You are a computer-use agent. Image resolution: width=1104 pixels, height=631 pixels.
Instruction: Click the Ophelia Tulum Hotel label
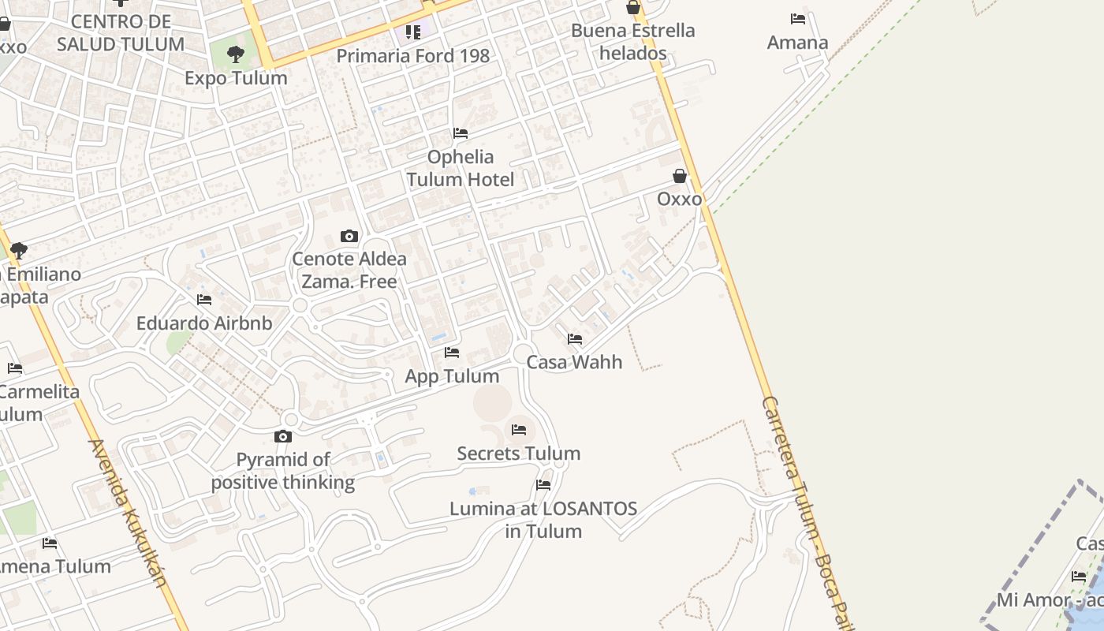coord(461,168)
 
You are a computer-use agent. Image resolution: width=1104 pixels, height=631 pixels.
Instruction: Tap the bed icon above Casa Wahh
coord(575,339)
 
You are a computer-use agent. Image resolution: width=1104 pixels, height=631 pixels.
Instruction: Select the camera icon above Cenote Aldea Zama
coord(349,236)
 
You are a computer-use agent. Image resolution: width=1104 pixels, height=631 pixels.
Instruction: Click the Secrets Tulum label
coord(518,454)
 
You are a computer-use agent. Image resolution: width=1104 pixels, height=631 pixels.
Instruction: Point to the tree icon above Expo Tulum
coord(235,54)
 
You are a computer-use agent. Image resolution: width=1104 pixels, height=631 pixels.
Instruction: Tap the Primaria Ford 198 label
coord(412,56)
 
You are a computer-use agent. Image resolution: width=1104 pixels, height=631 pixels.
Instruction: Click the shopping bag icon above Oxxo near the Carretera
coord(680,176)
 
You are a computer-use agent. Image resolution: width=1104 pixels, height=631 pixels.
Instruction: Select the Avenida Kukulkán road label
coord(129,513)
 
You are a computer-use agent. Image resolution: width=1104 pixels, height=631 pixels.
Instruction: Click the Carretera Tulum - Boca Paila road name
coord(804,513)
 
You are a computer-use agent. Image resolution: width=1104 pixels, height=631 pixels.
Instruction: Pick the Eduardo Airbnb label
coord(204,323)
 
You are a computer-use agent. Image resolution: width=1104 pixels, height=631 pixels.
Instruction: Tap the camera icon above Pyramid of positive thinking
coord(283,436)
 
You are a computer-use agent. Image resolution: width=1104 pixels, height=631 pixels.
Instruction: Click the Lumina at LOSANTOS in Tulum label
coord(543,520)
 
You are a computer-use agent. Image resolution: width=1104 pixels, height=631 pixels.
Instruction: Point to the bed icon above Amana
coord(798,19)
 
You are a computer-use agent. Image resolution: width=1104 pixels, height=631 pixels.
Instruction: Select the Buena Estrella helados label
coord(632,42)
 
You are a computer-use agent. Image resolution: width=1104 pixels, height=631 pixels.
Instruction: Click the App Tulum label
coord(452,376)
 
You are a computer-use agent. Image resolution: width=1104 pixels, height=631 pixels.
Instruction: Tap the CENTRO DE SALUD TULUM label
coord(121,32)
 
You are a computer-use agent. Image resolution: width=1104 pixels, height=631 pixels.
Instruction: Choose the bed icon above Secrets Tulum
coord(518,430)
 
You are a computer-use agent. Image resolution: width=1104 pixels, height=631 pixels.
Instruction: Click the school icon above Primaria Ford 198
coord(413,32)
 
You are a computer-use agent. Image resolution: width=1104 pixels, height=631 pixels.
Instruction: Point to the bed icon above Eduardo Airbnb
coord(204,300)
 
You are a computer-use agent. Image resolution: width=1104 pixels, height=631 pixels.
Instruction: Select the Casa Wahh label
coord(574,363)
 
